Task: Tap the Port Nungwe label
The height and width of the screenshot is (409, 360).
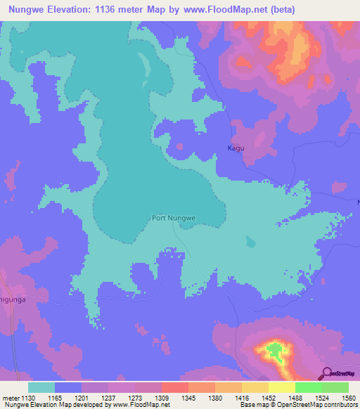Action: coord(174,218)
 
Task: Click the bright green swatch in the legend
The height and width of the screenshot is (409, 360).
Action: coord(308,387)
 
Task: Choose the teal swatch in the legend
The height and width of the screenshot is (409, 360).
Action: coord(41,387)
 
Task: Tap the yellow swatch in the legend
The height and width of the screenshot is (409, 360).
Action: coord(281,387)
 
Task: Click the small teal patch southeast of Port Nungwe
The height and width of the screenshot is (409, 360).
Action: coord(251,242)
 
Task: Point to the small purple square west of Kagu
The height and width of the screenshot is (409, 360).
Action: coord(180,147)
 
